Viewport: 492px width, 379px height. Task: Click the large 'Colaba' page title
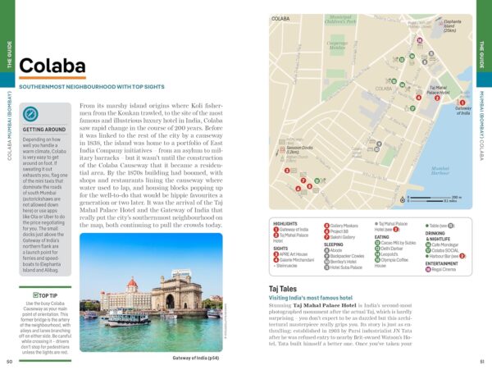[x=52, y=65]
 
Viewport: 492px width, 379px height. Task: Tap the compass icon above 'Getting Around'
[x=30, y=115]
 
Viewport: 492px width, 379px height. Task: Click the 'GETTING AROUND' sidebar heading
[x=44, y=130]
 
